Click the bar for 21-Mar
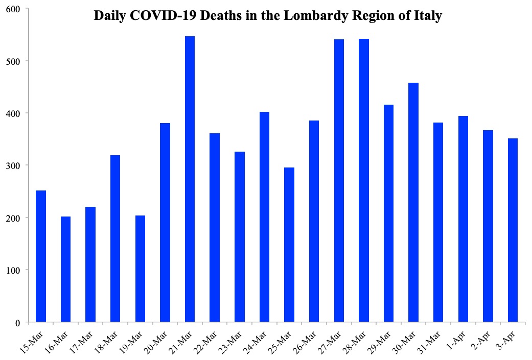[x=190, y=179]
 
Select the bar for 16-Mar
[x=65, y=269]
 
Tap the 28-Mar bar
[x=364, y=180]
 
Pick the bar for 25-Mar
[x=289, y=245]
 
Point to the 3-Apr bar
[x=513, y=230]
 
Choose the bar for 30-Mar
[x=413, y=202]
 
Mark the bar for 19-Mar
[x=140, y=269]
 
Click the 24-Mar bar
[x=264, y=217]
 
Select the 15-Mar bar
[x=41, y=256]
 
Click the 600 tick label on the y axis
[x=13, y=9]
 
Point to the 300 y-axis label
[x=13, y=166]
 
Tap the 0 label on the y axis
[x=18, y=323]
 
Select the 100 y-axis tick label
[x=13, y=271]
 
